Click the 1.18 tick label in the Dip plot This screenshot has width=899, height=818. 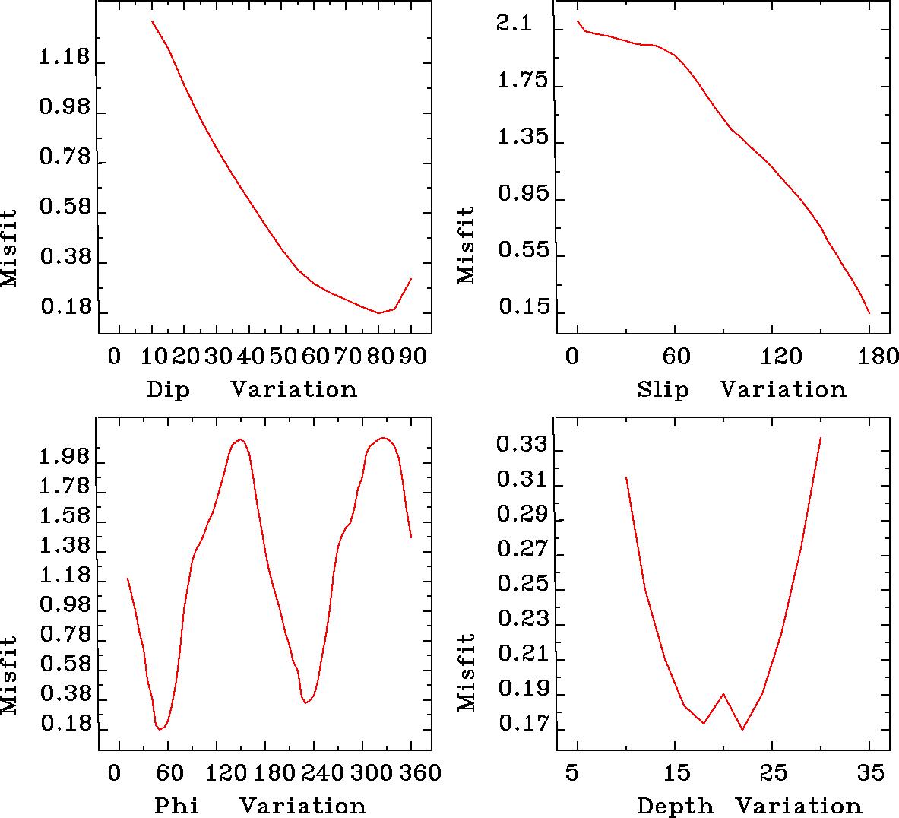coord(64,58)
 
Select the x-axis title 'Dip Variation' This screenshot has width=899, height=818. coord(252,390)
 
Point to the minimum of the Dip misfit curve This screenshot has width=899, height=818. coord(378,312)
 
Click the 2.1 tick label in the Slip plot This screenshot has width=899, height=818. coord(514,25)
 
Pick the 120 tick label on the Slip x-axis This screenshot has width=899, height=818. coord(771,356)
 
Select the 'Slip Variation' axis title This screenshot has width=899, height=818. coord(742,390)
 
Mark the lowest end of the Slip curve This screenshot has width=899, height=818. coord(869,312)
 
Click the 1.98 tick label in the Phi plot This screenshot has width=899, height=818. coord(64,458)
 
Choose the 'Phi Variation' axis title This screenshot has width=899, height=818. coord(260,806)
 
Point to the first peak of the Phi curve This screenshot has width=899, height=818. coord(240,439)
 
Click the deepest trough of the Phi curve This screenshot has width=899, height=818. coord(160,729)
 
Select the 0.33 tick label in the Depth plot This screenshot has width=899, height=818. coord(521,444)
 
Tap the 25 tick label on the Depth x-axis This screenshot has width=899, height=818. coord(773,773)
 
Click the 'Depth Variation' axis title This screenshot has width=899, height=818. coord(749,806)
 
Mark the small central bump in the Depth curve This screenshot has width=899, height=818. coord(723,694)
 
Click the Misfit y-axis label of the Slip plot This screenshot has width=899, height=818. coord(466,245)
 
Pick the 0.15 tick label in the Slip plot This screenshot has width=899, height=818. coord(521,308)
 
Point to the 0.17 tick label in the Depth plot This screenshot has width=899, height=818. coord(521,723)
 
